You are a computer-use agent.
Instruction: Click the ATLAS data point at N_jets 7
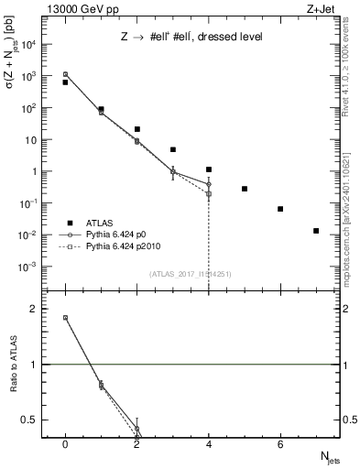pyautogui.click(x=316, y=231)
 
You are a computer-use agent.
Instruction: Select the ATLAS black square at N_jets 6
pyautogui.click(x=280, y=209)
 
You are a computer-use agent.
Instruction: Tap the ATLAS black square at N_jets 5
pyautogui.click(x=245, y=189)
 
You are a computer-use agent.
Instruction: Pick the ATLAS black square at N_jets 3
pyautogui.click(x=172, y=149)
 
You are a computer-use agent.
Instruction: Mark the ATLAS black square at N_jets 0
pyautogui.click(x=65, y=82)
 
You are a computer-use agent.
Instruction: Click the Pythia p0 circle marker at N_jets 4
pyautogui.click(x=209, y=184)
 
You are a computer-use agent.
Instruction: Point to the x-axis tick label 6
pyautogui.click(x=280, y=444)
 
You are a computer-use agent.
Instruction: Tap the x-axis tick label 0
pyautogui.click(x=65, y=444)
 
